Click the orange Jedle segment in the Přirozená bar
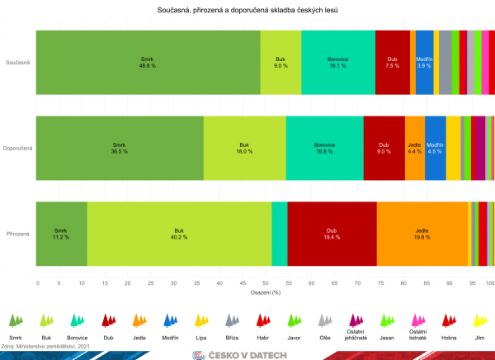422,234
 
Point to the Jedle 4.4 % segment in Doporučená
414,148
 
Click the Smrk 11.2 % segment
61,234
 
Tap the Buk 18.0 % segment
244,148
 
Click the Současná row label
18,63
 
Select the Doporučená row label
17,149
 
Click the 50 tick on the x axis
265,282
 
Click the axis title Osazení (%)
265,292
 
